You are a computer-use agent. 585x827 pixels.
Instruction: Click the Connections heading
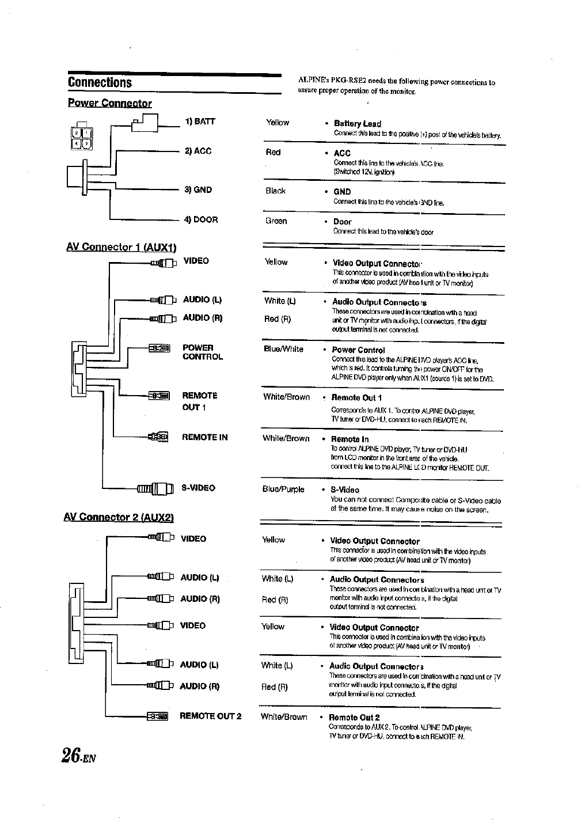coord(100,82)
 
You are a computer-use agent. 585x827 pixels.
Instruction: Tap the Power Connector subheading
coord(109,103)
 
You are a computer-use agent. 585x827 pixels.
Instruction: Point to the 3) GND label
coord(198,189)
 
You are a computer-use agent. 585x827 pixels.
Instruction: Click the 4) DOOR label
coord(200,219)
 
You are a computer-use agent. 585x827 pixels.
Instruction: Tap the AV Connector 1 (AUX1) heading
coord(121,247)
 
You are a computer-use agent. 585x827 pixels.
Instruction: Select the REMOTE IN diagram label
coord(204,437)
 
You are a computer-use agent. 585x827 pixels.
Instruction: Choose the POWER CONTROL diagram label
coord(202,352)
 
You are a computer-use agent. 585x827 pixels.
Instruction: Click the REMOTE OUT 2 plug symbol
coord(157,716)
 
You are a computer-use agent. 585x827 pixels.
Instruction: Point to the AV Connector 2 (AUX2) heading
coord(119,517)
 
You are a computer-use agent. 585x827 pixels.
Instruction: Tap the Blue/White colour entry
coord(283,349)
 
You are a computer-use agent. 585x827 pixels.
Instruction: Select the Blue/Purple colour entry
coord(283,490)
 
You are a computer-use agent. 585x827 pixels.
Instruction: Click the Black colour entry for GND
coord(275,191)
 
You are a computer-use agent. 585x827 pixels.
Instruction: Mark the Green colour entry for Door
coord(276,221)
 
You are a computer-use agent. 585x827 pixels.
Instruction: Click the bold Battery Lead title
coord(357,124)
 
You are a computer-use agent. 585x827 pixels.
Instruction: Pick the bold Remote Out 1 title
coord(356,397)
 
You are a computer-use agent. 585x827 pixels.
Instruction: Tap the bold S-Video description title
coord(345,490)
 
